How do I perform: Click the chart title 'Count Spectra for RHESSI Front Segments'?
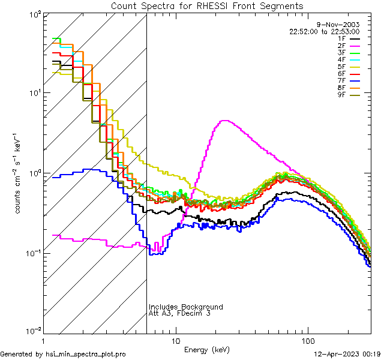[x=207, y=6]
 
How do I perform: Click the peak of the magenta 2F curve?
[x=224, y=121]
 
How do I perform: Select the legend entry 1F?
[x=342, y=39]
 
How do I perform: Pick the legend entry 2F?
[x=342, y=46]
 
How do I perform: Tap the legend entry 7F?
[x=342, y=81]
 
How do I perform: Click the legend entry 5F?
[x=342, y=67]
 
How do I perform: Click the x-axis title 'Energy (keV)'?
[x=206, y=349]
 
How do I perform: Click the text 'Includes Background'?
[x=185, y=307]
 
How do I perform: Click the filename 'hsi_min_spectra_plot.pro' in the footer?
[x=86, y=354]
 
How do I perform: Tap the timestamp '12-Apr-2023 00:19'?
[x=349, y=354]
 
